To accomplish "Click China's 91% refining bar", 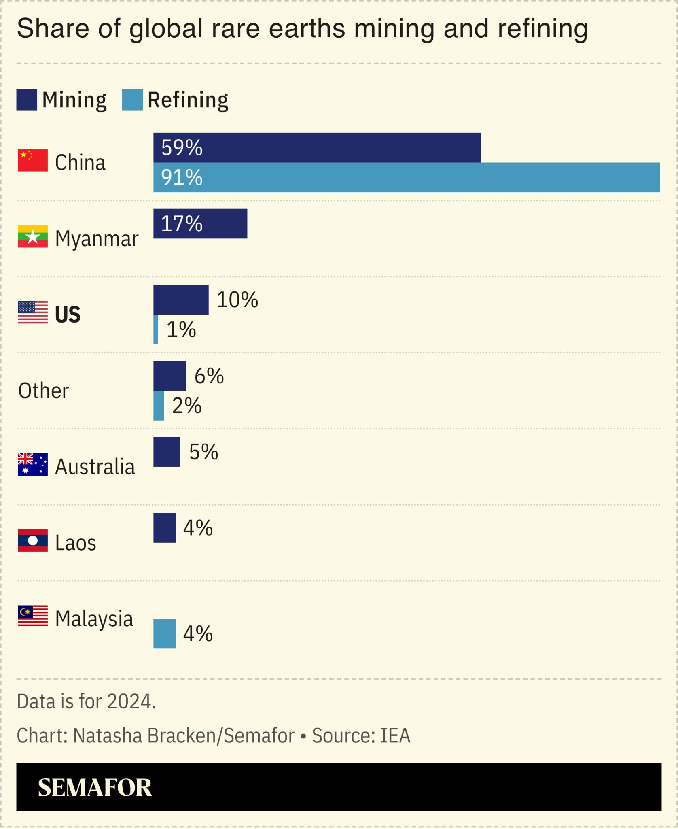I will pyautogui.click(x=407, y=177).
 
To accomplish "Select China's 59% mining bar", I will pyautogui.click(x=317, y=147).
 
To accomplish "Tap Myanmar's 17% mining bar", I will pyautogui.click(x=200, y=223).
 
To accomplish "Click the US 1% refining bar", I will pyautogui.click(x=156, y=329).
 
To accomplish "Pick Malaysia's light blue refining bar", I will pyautogui.click(x=164, y=633).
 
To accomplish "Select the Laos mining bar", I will pyautogui.click(x=164, y=527).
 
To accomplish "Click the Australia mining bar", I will pyautogui.click(x=167, y=451).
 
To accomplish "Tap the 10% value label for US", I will pyautogui.click(x=237, y=300).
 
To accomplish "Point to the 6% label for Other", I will pyautogui.click(x=209, y=376).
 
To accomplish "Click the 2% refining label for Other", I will pyautogui.click(x=186, y=406).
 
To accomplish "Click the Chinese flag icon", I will pyautogui.click(x=33, y=160).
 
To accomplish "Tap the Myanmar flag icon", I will pyautogui.click(x=33, y=236).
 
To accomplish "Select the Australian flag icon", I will pyautogui.click(x=33, y=464).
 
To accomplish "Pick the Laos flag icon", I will pyautogui.click(x=33, y=540).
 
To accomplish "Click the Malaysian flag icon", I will pyautogui.click(x=33, y=616).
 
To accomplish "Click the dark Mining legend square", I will pyautogui.click(x=27, y=100).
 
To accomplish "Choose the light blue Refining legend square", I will pyautogui.click(x=133, y=100).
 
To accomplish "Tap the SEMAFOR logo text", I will pyautogui.click(x=95, y=788).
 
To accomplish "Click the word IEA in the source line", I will pyautogui.click(x=395, y=735).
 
